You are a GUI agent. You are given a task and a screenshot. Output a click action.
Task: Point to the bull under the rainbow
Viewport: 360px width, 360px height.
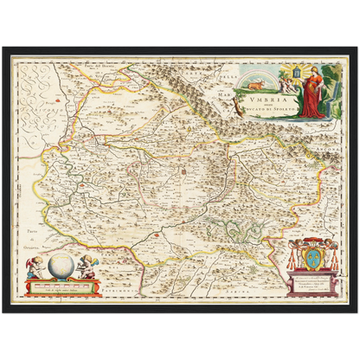point(259,86)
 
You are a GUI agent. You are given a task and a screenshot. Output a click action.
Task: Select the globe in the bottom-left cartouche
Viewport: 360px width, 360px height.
point(61,265)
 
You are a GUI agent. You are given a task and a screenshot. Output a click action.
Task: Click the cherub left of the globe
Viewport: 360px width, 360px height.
point(37,267)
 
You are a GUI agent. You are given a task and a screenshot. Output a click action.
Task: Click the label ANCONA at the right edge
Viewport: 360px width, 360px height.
point(331,139)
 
